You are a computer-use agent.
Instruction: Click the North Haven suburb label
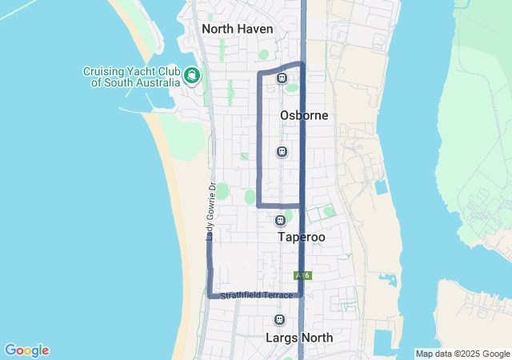[238, 29]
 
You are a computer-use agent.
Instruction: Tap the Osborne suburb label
[304, 115]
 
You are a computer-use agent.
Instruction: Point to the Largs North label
[299, 338]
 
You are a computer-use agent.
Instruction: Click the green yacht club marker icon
[192, 76]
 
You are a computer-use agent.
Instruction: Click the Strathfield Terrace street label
[252, 296]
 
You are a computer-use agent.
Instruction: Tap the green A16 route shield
[302, 275]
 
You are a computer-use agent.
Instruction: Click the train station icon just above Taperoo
[280, 220]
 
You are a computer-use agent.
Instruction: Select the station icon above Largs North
[279, 320]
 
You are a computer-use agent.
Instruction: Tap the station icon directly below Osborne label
[282, 151]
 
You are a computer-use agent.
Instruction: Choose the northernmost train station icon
[282, 78]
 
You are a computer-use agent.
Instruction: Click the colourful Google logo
[26, 350]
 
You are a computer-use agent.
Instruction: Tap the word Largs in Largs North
[281, 338]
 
